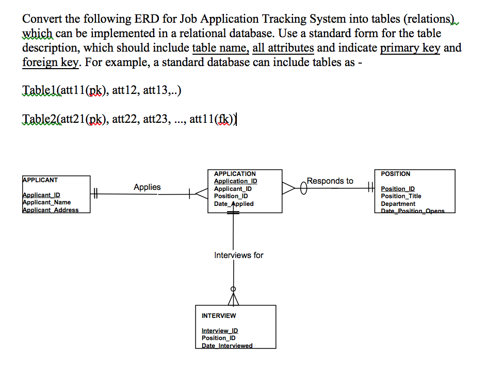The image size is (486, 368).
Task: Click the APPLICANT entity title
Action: [41, 180]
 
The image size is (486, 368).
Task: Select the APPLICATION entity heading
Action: [235, 174]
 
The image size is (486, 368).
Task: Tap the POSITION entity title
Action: [396, 174]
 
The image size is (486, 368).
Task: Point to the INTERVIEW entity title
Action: [219, 315]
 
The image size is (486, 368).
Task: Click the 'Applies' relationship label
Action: [147, 187]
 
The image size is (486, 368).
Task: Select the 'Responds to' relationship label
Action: [330, 181]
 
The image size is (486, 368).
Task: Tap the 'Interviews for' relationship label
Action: [238, 255]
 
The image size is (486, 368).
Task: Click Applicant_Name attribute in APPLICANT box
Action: [47, 202]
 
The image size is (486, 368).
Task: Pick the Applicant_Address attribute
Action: [51, 210]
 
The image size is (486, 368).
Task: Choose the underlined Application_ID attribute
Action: [235, 181]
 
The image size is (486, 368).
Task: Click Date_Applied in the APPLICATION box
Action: [234, 204]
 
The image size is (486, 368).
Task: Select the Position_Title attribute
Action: [401, 196]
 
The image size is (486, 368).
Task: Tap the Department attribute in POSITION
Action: [398, 204]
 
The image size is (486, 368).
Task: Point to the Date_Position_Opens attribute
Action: [412, 211]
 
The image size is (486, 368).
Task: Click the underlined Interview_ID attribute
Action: [220, 331]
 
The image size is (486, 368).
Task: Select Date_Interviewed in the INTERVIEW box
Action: [227, 345]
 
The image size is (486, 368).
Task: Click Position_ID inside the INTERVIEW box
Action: [219, 338]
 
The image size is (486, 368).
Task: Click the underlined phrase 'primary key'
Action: [410, 48]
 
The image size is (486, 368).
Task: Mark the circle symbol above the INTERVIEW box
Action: [234, 289]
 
